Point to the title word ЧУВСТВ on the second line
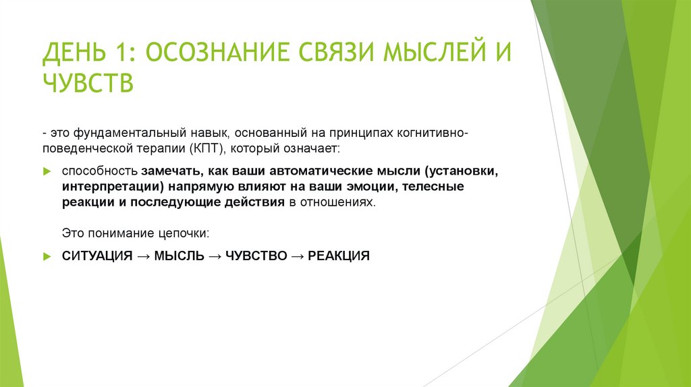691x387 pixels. point(88,84)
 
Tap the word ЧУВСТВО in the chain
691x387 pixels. point(256,256)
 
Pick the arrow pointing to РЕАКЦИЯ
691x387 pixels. point(297,256)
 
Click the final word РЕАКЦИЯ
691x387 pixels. point(339,256)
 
